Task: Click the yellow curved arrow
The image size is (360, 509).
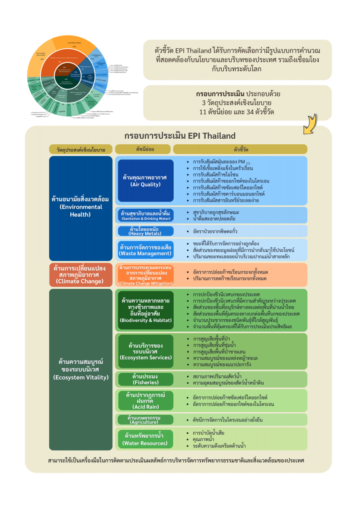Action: (x=311, y=123)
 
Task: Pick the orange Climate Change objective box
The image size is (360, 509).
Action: (x=81, y=274)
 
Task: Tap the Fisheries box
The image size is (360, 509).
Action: (x=145, y=379)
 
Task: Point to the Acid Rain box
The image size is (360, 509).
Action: (x=145, y=400)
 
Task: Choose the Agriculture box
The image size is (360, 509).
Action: (x=145, y=420)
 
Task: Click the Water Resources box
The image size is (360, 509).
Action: (x=145, y=439)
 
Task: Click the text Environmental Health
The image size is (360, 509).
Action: (x=81, y=210)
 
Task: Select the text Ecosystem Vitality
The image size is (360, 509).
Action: (x=81, y=377)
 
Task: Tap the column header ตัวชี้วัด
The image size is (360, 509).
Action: (x=240, y=149)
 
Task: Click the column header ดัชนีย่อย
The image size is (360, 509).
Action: (x=143, y=149)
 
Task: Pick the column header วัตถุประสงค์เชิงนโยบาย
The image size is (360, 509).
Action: (x=81, y=149)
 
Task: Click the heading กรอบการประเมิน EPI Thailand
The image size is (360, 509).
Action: (x=180, y=136)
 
